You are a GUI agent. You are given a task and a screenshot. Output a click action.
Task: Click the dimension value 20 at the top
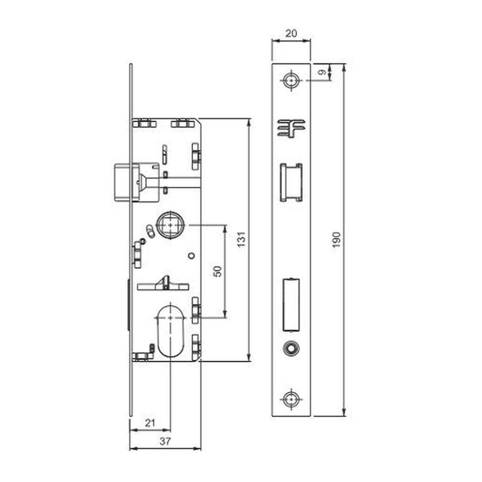291,33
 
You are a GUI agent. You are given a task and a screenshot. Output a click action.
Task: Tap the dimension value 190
337,240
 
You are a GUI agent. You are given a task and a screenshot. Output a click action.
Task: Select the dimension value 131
242,239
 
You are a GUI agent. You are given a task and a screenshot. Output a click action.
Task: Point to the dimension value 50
218,271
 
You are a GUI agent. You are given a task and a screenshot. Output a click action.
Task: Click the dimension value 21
150,423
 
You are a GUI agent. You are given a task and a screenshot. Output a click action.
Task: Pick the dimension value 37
165,441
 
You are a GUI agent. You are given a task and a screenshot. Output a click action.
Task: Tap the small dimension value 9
322,73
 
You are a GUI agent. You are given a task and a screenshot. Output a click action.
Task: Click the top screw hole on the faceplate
291,80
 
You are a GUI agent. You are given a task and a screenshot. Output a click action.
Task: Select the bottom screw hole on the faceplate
291,399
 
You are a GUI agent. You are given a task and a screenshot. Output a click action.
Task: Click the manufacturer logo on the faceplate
291,128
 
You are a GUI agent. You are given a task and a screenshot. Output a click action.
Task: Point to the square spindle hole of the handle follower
170,225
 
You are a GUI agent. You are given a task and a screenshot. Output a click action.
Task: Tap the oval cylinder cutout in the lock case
170,329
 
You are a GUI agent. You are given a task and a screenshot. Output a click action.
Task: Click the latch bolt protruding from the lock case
123,183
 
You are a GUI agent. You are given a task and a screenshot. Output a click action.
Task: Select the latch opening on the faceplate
291,183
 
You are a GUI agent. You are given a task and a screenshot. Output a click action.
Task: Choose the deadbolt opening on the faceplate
291,305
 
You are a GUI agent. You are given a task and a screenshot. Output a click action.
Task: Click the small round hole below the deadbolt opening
291,349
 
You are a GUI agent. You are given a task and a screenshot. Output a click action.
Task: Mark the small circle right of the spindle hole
191,255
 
